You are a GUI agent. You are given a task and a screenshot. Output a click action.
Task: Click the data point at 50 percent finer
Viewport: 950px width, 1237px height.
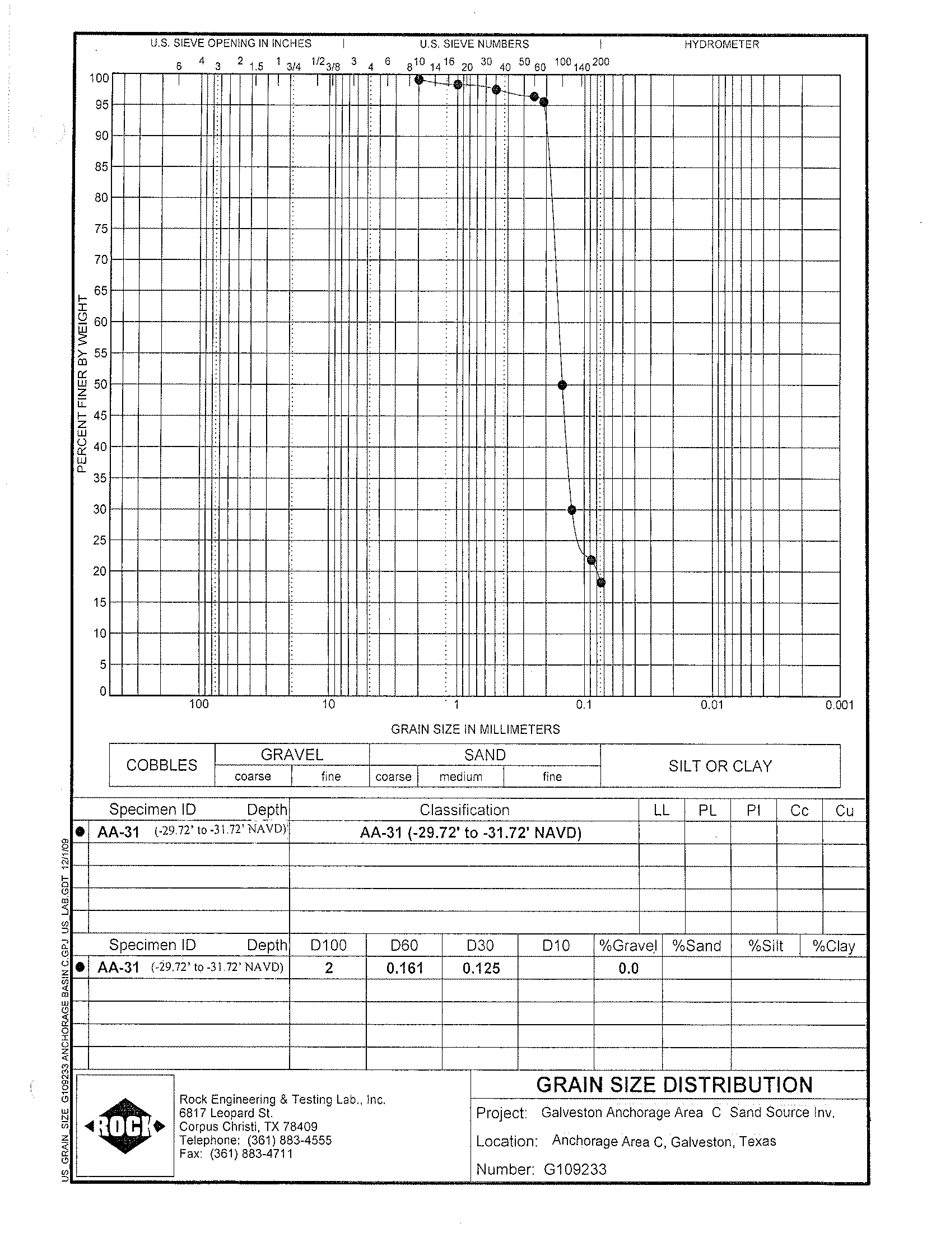point(562,385)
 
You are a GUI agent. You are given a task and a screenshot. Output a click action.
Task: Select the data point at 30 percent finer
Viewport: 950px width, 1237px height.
point(572,510)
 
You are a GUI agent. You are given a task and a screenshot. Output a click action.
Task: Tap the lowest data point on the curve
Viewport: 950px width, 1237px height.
point(600,582)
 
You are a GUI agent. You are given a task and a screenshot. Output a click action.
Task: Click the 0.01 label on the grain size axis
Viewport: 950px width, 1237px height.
point(711,705)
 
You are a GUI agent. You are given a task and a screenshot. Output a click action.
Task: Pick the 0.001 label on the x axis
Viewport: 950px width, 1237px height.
point(839,705)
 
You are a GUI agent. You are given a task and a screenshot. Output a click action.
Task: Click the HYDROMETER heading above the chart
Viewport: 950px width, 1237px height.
point(721,44)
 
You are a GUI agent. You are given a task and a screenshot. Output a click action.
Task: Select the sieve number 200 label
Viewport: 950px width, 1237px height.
point(600,62)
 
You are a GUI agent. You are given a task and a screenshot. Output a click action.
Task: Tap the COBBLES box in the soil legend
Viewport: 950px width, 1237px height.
point(162,765)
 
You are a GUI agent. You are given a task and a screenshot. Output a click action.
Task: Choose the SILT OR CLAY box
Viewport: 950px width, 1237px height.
point(720,766)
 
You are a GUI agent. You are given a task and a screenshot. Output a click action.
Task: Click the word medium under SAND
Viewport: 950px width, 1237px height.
point(461,776)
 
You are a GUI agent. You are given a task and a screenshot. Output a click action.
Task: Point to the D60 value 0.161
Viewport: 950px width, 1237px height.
point(405,968)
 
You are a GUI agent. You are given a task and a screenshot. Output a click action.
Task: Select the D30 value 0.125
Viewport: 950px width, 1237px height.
point(481,968)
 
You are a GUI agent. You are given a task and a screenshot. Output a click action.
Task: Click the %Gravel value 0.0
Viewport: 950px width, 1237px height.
point(628,968)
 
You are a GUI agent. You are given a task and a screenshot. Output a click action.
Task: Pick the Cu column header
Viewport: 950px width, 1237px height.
point(844,811)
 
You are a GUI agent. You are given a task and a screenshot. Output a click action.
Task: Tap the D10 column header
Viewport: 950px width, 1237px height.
point(556,945)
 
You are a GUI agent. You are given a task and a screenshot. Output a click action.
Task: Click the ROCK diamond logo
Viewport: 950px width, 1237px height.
point(125,1126)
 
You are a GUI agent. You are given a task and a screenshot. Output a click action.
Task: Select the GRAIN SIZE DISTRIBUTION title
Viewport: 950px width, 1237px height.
point(674,1085)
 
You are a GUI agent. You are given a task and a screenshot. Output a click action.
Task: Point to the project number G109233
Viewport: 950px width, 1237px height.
point(575,1169)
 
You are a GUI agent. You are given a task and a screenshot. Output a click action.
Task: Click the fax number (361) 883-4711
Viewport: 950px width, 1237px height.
point(251,1154)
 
